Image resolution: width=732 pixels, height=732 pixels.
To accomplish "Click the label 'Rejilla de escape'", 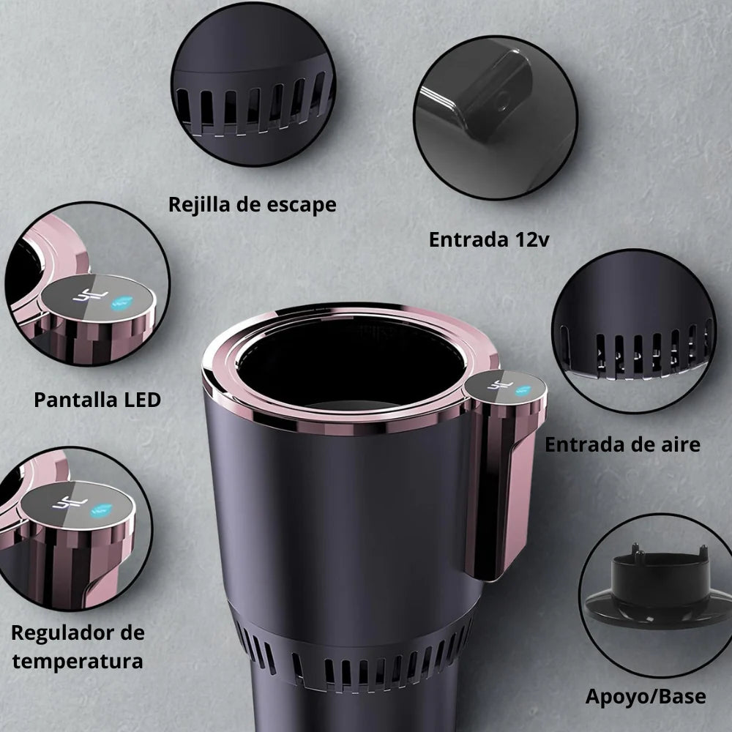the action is click(x=252, y=204).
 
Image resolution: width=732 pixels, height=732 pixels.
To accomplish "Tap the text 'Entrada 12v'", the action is click(x=489, y=239).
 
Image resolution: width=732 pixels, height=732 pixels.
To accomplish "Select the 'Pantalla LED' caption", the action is click(x=97, y=400).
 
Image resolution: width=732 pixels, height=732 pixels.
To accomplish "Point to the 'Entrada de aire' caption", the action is click(x=622, y=444).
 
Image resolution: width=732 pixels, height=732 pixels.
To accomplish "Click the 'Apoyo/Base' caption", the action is click(x=646, y=697).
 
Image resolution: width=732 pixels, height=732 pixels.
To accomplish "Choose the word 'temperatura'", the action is click(x=78, y=662).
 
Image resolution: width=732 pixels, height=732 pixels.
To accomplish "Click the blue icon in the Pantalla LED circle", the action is click(x=122, y=302).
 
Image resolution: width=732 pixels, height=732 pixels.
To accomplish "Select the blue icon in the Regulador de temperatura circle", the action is click(x=101, y=510).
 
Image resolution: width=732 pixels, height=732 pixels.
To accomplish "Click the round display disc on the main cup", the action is click(x=506, y=387).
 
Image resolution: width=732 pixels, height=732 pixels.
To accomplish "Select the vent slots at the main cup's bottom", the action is click(x=355, y=663).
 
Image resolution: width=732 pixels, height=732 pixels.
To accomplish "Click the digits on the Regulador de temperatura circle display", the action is click(x=70, y=503).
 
